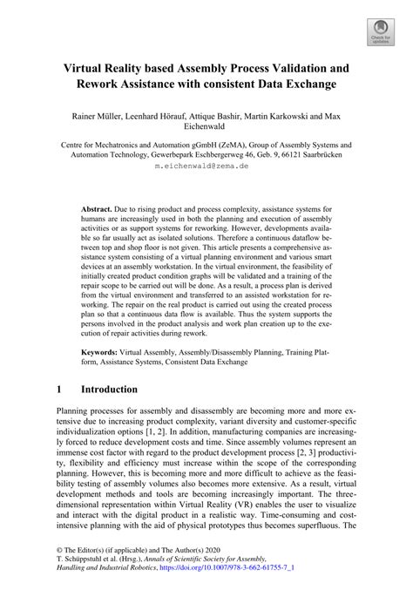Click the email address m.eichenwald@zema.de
pos(206,164)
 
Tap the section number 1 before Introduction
pos(59,389)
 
